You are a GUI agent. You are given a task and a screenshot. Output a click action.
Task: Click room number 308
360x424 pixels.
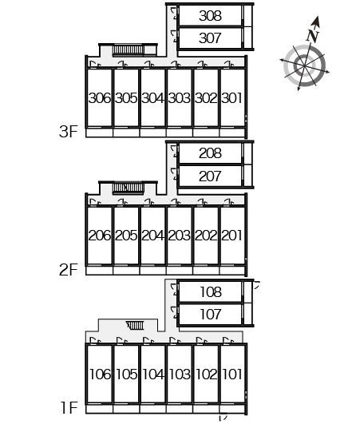click(x=210, y=16)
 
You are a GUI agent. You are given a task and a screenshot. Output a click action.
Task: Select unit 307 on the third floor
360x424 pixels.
click(x=210, y=38)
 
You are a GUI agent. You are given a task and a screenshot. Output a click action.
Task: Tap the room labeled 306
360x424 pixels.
click(x=100, y=98)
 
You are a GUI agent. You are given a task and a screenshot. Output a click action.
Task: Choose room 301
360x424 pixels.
click(x=231, y=98)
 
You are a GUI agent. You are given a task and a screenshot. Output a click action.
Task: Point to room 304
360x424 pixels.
click(x=152, y=98)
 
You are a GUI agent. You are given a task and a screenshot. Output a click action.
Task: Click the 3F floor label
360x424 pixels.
click(x=69, y=132)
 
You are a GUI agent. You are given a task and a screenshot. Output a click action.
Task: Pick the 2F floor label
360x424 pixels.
click(x=69, y=270)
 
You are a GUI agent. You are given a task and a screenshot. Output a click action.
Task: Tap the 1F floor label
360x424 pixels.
click(x=69, y=408)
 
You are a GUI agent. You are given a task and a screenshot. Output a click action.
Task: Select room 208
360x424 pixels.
click(x=210, y=153)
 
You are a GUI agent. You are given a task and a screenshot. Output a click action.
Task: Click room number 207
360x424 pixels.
click(x=210, y=176)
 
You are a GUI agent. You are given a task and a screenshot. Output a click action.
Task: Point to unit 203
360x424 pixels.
click(x=179, y=236)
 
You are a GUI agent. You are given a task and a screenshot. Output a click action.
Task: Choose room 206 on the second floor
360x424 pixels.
click(x=100, y=236)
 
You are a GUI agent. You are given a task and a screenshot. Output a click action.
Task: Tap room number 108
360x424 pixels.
click(x=211, y=292)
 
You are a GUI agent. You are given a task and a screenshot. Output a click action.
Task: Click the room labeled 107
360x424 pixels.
click(x=211, y=315)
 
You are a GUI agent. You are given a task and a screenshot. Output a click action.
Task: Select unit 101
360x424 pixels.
click(x=232, y=374)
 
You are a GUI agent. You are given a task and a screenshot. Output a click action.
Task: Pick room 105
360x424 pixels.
click(x=126, y=374)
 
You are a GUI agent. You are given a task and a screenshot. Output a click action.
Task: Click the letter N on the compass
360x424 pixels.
click(x=313, y=36)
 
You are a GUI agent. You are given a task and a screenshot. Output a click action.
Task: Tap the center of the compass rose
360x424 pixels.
click(x=305, y=65)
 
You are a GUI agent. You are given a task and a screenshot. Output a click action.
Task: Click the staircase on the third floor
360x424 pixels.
click(x=128, y=50)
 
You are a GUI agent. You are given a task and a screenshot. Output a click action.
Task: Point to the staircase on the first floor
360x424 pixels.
click(x=136, y=326)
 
